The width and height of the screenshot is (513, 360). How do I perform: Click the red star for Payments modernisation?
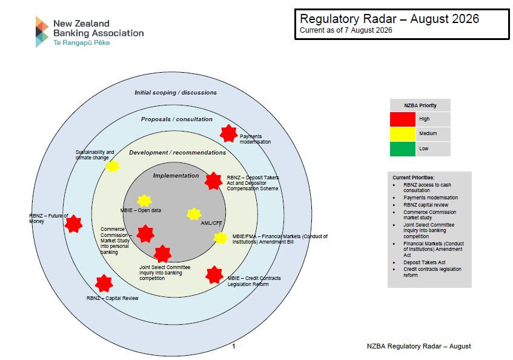tap(228, 133)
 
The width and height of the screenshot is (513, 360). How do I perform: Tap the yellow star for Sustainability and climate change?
tap(113, 166)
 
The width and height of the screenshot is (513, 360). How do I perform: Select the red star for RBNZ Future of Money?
tap(74, 224)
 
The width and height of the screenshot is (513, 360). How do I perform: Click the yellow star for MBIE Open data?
tap(144, 201)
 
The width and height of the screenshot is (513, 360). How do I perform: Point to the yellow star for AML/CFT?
tap(194, 214)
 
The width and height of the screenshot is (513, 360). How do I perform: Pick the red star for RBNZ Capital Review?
tap(104, 284)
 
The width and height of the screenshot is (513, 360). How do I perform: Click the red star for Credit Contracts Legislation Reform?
tap(214, 275)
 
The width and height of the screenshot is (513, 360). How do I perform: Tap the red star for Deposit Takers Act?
tap(214, 181)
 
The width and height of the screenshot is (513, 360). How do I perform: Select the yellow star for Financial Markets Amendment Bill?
tap(220, 238)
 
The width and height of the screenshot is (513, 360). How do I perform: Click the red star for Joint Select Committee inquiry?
tap(162, 253)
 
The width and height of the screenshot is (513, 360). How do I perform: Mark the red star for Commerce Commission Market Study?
tap(145, 234)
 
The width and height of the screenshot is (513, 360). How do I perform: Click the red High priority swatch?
tap(402, 119)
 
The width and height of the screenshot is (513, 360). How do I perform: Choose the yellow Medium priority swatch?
tap(402, 134)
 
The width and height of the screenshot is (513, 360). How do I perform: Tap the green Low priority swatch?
tap(402, 149)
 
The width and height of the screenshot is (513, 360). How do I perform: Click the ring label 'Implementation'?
tap(176, 176)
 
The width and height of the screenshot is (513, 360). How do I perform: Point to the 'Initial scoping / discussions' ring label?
tap(176, 93)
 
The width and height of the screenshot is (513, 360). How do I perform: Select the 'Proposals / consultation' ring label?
tap(177, 119)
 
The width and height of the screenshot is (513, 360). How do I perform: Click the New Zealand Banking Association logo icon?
tap(42, 32)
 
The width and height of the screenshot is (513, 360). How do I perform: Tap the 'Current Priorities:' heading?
tap(414, 178)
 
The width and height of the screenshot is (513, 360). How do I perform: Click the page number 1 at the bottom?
tap(234, 346)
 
